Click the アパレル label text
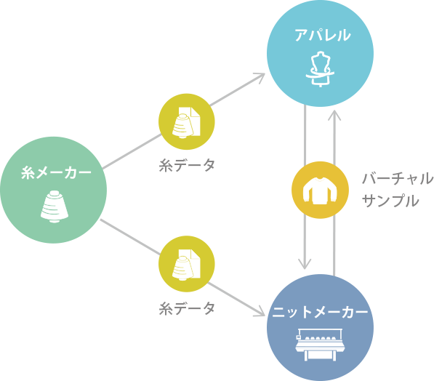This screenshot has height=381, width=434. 321,35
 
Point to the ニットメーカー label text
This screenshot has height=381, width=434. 321,313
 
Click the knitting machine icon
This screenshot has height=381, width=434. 321,344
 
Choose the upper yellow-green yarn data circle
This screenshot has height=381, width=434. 186,121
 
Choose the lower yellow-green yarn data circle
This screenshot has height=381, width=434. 186,264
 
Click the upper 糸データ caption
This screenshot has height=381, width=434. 187,165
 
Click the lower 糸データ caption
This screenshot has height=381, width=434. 187,308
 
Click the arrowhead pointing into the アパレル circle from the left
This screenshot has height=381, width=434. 260,76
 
